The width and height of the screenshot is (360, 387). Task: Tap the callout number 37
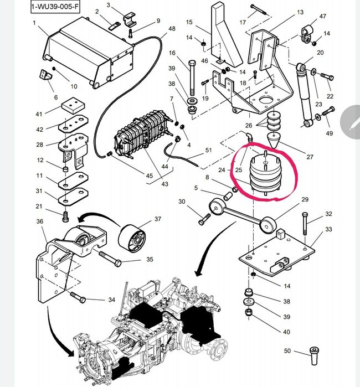point(158,219)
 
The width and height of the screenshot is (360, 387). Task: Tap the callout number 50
point(287,350)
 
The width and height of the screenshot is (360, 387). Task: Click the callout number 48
point(172,29)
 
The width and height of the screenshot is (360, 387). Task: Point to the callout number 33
point(328,229)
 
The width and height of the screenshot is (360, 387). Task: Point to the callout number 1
point(34,23)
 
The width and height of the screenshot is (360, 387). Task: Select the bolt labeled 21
point(65,213)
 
